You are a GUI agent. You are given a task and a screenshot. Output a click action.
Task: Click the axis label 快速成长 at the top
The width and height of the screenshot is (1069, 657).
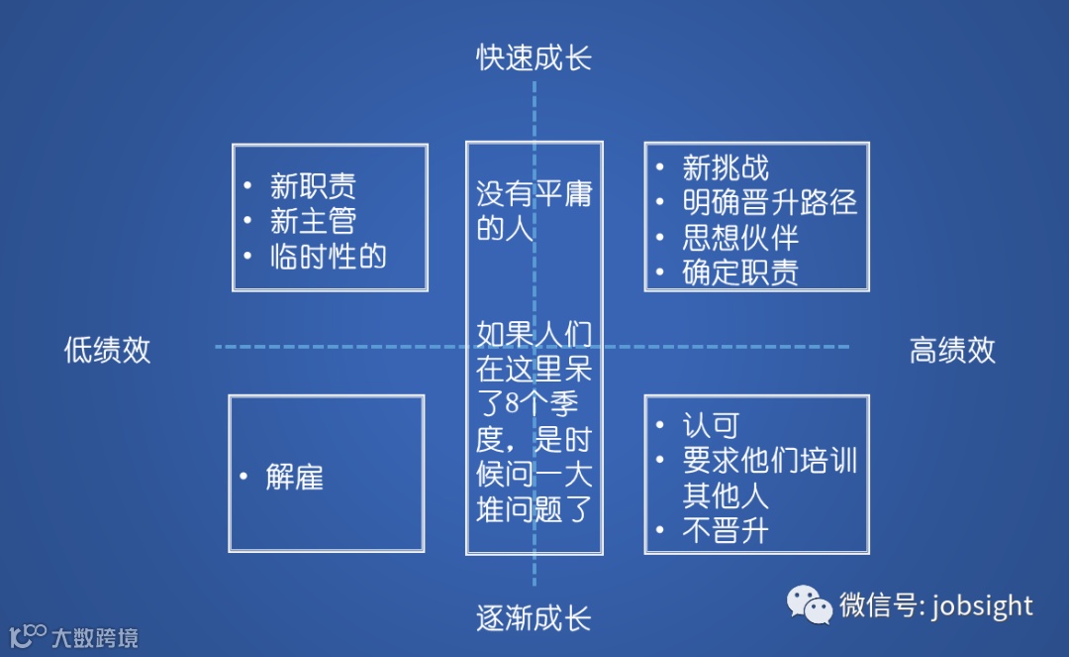[x=534, y=57]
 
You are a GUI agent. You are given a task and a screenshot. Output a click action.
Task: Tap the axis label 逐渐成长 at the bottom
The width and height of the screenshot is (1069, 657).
[x=534, y=619]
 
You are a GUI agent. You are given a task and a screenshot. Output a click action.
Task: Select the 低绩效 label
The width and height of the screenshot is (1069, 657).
[x=107, y=350]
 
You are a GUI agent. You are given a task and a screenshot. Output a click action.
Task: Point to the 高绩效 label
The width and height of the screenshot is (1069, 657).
[x=952, y=350]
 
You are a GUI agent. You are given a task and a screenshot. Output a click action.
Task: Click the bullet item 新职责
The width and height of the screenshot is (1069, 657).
[x=313, y=186]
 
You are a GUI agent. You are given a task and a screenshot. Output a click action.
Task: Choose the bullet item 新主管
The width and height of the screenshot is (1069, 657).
[x=313, y=221]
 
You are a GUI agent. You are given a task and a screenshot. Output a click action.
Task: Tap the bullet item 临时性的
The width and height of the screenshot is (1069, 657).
[x=328, y=257]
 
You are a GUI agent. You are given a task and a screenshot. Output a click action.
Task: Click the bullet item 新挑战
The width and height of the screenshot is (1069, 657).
[x=726, y=167]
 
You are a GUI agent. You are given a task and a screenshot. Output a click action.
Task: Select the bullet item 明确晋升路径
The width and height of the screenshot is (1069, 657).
[x=769, y=202]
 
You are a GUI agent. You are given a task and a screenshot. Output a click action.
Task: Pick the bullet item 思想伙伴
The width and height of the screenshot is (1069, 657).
[x=740, y=237]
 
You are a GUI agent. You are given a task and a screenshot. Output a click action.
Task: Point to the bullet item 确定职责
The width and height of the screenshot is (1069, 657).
[x=740, y=272]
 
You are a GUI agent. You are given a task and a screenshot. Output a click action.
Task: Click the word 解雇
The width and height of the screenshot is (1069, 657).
[x=294, y=478]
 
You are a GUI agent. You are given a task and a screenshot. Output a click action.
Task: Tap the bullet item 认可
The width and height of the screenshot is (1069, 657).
[x=711, y=426]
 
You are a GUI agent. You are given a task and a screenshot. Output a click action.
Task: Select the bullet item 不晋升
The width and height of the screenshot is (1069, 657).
[x=726, y=531]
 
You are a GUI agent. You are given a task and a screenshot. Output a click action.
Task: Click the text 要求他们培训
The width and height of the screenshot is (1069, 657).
[x=769, y=461]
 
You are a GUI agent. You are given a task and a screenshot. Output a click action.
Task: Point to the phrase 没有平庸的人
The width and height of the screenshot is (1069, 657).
[x=534, y=211]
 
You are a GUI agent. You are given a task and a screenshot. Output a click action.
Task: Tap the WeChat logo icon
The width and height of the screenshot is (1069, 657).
[x=810, y=604]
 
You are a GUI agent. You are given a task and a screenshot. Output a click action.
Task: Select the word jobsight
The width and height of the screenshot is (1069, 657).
[x=982, y=605]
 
